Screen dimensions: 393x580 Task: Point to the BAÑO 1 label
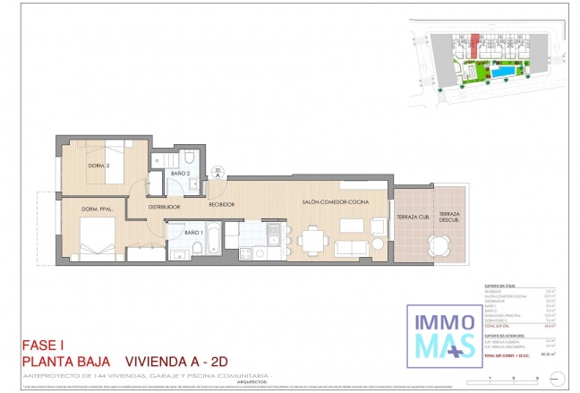[194, 232]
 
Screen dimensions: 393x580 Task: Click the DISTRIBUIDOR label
[164, 207]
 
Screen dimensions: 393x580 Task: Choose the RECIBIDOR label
[222, 204]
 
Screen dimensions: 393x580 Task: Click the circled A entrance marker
[217, 174]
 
